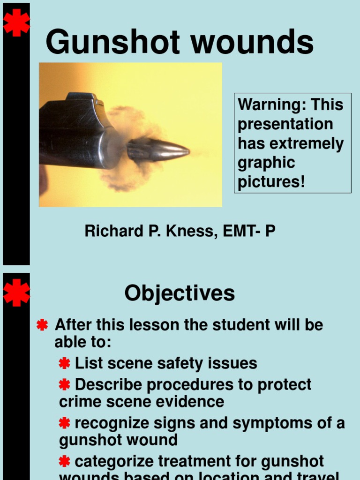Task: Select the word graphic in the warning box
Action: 267,163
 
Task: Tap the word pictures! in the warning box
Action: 271,182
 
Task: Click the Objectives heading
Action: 180,293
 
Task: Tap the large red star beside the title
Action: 16,22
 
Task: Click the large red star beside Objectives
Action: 16,292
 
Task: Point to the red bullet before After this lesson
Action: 42,325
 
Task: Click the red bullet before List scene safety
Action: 65,363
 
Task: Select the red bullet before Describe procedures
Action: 65,385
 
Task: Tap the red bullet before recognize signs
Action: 65,423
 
